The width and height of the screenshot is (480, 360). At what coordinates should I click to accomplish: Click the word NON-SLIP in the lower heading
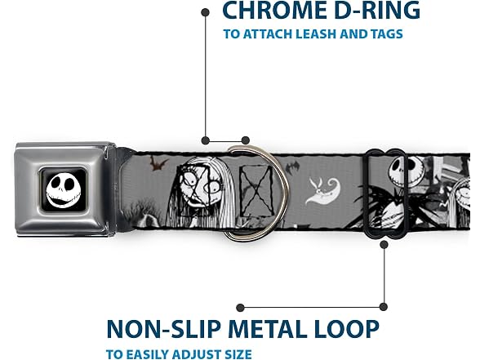(164, 329)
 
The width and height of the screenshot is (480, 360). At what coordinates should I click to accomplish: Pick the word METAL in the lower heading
(267, 329)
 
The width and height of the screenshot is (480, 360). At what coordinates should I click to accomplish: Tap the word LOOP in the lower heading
(346, 329)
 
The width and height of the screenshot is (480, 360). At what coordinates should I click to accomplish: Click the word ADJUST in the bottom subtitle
(193, 354)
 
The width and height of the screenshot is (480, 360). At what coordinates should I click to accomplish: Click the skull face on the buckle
(64, 189)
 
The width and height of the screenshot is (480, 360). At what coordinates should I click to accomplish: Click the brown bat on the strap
(158, 163)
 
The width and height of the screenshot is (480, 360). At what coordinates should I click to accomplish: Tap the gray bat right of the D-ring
(292, 168)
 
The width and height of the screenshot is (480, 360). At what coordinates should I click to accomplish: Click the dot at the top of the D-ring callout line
(206, 12)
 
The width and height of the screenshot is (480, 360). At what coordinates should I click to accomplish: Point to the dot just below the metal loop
(384, 245)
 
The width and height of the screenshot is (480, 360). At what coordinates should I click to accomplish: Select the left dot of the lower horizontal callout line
(240, 307)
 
